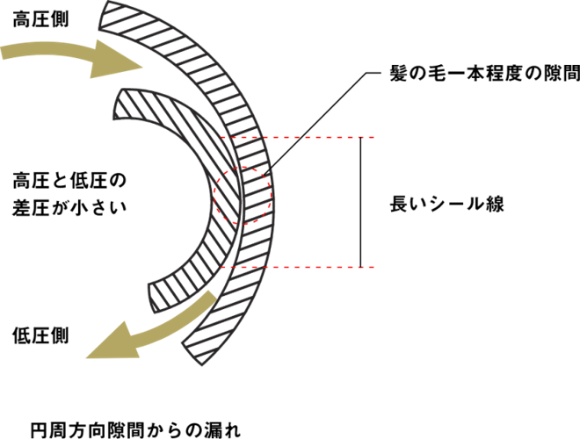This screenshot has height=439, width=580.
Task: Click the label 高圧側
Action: tap(40, 19)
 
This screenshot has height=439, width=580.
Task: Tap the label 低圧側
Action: tap(40, 336)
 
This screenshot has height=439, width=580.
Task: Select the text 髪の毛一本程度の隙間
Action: tap(485, 74)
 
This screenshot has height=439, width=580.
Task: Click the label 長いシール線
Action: tap(446, 205)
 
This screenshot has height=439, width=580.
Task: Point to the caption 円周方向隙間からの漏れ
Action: tap(135, 429)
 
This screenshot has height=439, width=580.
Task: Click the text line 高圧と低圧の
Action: tap(69, 181)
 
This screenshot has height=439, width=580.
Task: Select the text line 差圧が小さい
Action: tap(69, 207)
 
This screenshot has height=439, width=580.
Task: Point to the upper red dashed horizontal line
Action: tap(298, 138)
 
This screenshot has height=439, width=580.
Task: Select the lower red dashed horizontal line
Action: tap(298, 267)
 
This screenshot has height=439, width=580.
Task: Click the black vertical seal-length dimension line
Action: tap(360, 202)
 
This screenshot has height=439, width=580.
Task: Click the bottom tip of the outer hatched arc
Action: tap(202, 365)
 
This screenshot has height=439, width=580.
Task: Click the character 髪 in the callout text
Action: tap(398, 74)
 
